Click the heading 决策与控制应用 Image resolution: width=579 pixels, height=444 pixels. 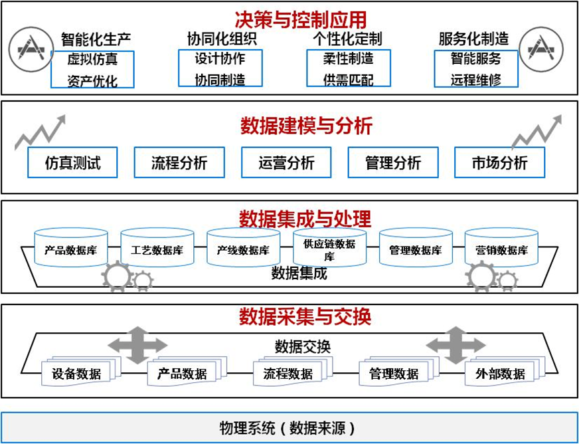pos(300,19)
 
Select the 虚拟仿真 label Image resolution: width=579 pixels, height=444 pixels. pos(92,59)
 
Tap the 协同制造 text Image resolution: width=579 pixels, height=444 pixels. pos(220,80)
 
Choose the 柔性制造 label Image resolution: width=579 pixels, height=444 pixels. pos(348,59)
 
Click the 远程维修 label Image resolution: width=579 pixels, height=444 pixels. pos(475,80)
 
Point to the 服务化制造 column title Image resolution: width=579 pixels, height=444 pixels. pos(473,39)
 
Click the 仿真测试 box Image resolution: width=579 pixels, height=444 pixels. pos(73,162)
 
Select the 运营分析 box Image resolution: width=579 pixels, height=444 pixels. pos(286,162)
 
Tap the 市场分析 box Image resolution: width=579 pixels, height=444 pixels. pos(499,162)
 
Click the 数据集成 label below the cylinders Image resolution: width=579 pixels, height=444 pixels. pos(299,273)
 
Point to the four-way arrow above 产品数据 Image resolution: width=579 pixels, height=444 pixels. pos(137,344)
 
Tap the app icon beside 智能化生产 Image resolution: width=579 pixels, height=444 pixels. pos(31,49)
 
